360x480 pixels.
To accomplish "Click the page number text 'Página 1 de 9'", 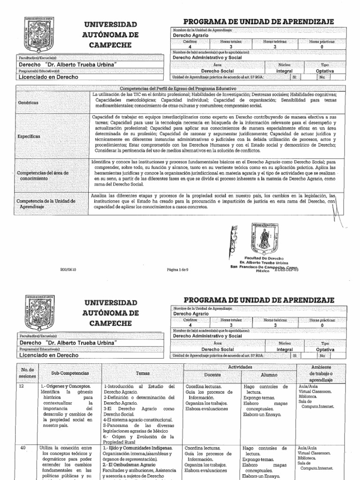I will tap(178, 270).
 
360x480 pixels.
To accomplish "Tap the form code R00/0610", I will tap(67, 270).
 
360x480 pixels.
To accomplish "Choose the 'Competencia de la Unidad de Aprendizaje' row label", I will tap(46, 203).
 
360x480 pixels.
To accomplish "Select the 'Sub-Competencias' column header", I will tap(70, 373).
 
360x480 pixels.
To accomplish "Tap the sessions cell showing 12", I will tap(22, 387).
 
